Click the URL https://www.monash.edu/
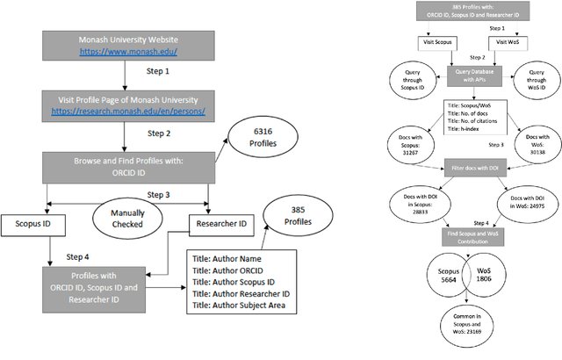[x=127, y=52]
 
